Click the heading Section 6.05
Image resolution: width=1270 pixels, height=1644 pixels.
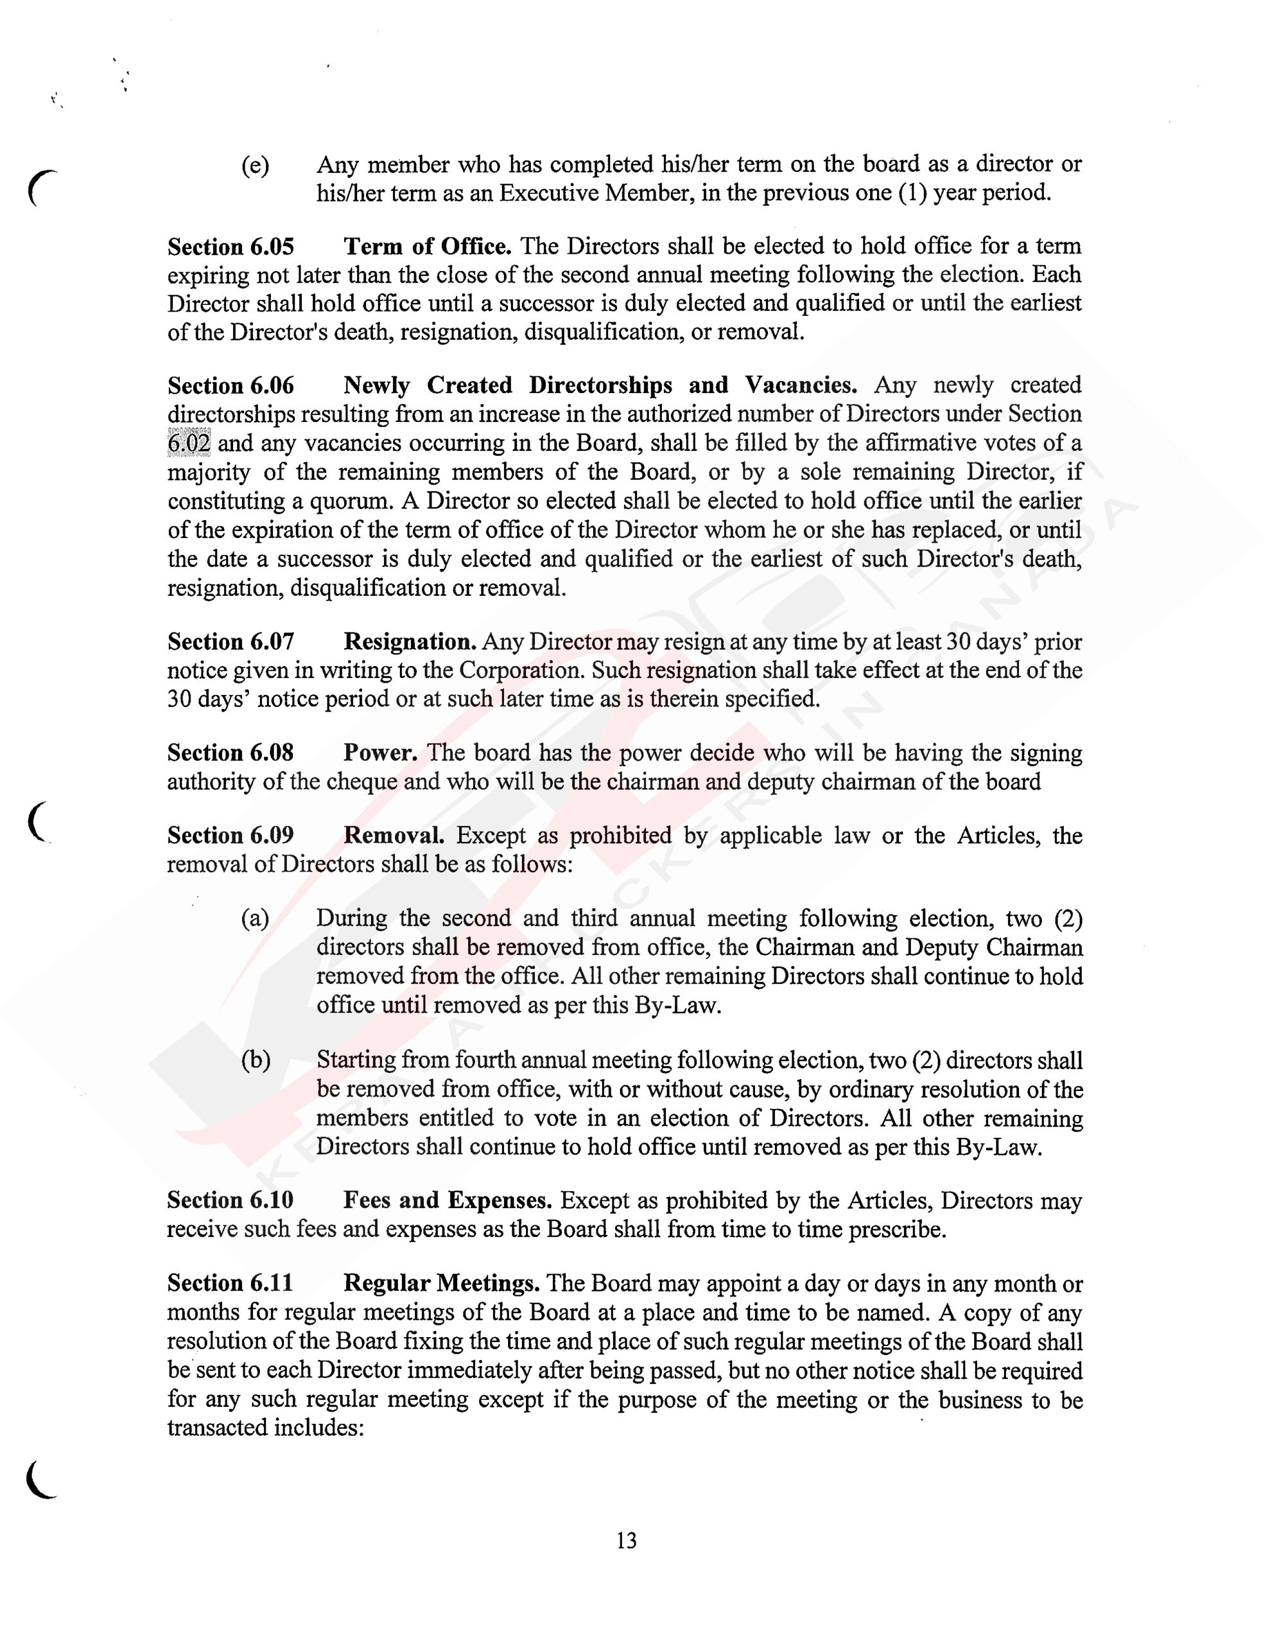(x=231, y=247)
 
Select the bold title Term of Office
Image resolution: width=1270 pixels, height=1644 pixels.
(x=428, y=246)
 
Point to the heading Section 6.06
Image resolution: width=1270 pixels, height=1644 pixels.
(x=231, y=385)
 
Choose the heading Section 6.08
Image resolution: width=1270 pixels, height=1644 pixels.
(x=231, y=753)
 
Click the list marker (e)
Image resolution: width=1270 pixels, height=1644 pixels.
(x=255, y=166)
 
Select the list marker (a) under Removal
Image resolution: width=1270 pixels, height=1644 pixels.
(x=255, y=919)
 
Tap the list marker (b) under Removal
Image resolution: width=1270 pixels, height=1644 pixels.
(x=255, y=1061)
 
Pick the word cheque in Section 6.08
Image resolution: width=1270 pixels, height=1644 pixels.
(x=362, y=782)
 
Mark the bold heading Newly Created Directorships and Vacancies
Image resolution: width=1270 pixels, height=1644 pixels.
(x=600, y=385)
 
